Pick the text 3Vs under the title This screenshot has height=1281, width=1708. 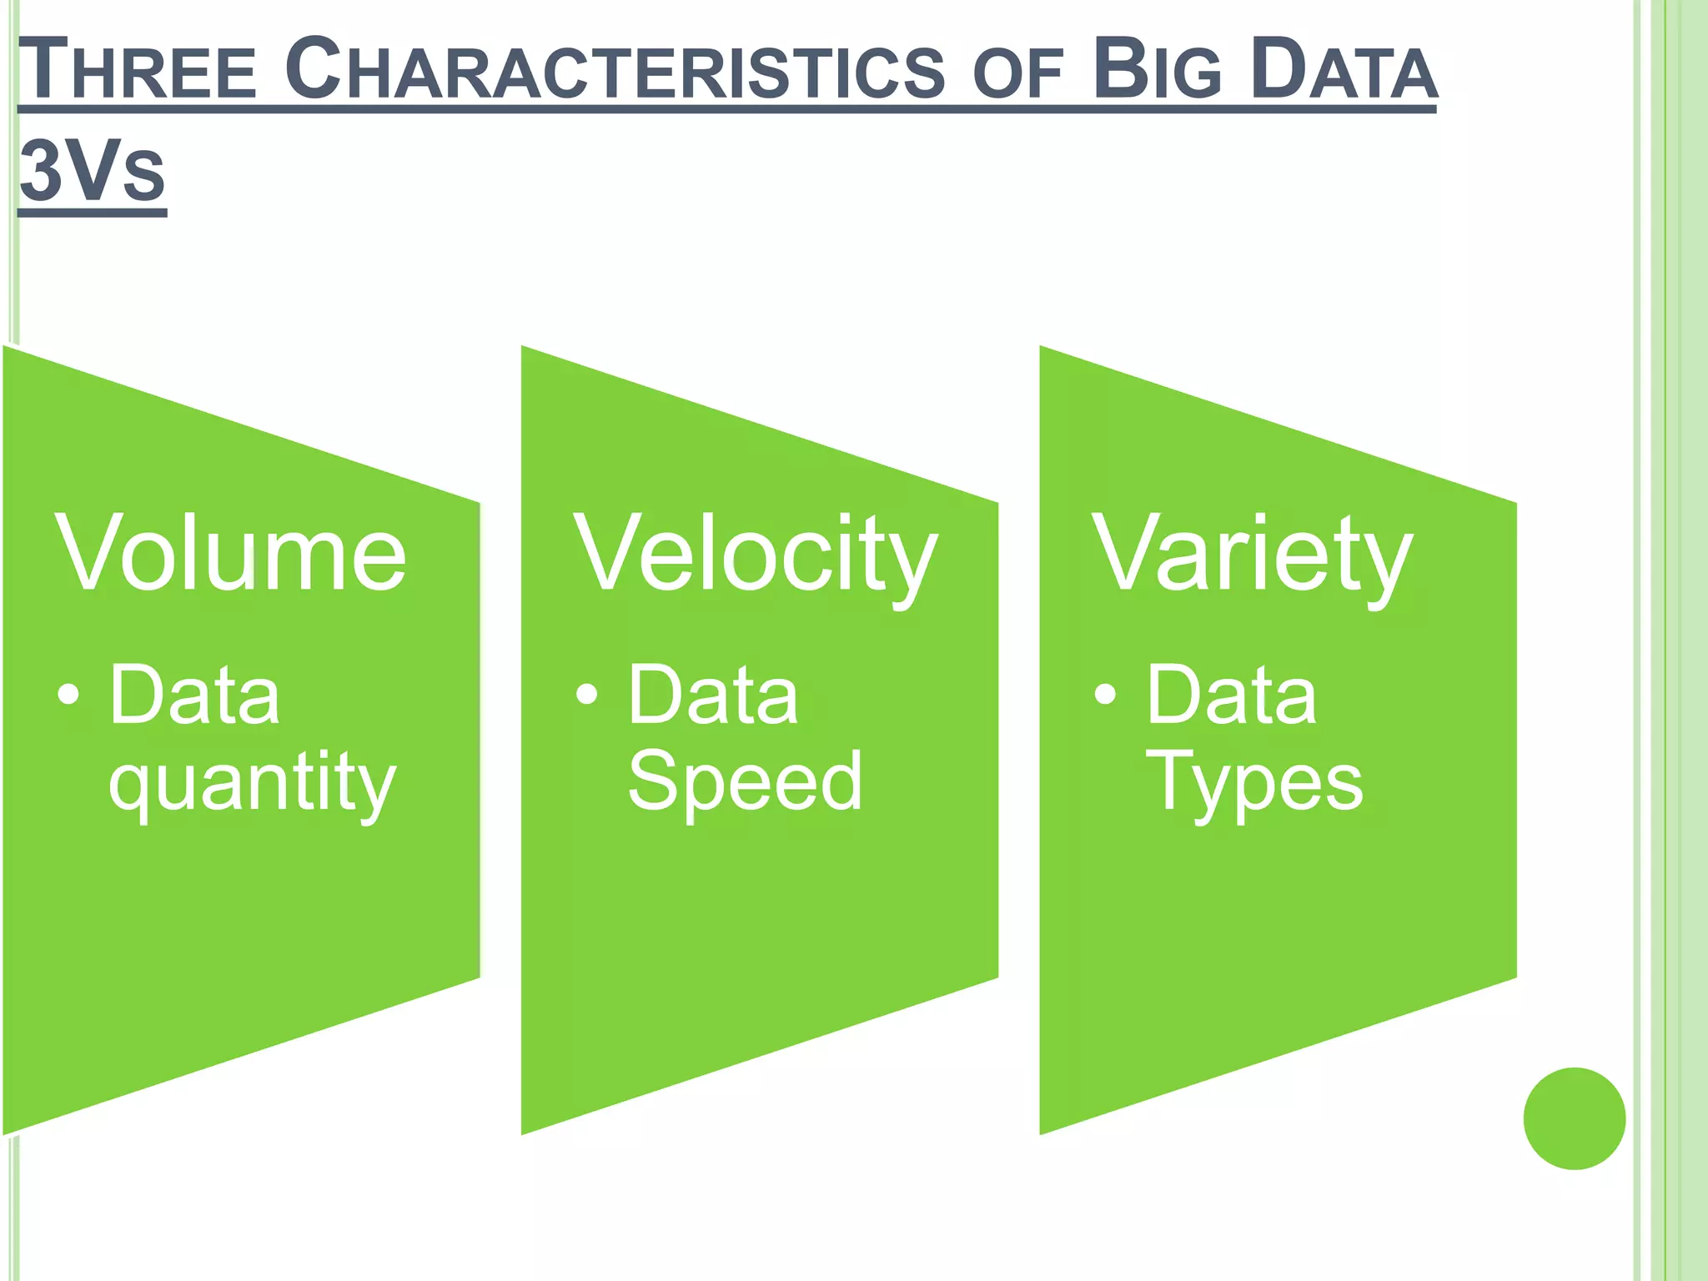92,172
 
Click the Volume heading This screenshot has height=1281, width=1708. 231,553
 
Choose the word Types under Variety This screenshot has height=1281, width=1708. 1255,782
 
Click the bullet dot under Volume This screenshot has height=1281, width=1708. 69,694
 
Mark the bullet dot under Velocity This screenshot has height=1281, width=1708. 587,694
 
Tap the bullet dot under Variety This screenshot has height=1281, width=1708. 1105,694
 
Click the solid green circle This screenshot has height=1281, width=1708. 1574,1118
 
